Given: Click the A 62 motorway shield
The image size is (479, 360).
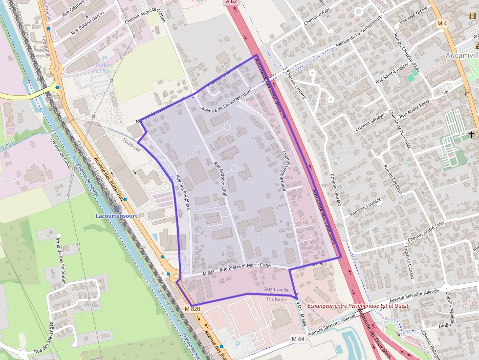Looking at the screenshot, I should pos(232,2).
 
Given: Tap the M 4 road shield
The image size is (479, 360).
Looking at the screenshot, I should pos(442,23).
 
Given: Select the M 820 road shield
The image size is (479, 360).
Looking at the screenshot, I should pos(193,309).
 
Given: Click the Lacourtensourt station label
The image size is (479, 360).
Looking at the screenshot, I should pos(117,215).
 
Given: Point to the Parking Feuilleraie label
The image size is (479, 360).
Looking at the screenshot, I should pos(105,68).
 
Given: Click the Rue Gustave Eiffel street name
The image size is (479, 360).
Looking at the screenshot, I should pos(221,178).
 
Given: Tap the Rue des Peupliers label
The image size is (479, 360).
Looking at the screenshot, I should pos(183,192).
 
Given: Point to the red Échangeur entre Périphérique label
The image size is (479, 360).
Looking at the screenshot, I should pos(358,306).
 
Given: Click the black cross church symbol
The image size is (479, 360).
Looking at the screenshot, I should pos(472,134).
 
